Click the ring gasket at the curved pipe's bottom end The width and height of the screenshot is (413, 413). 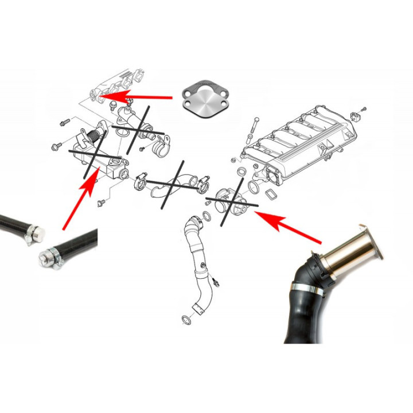point(187,319)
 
